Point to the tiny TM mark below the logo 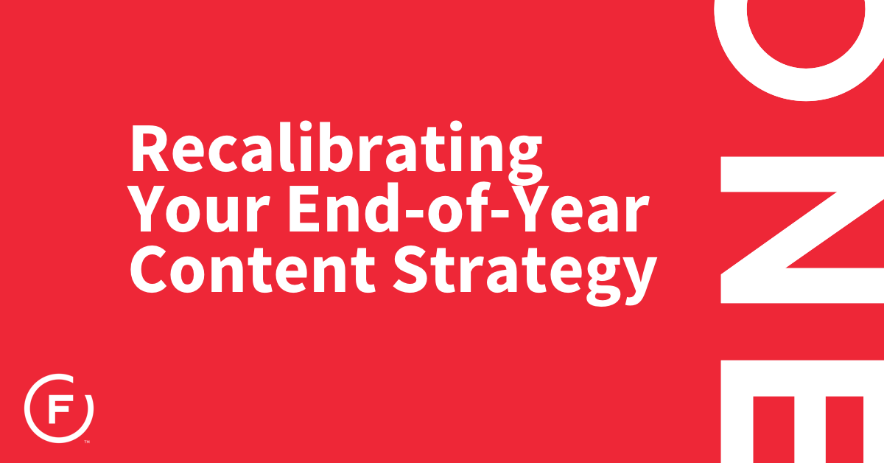click(87, 442)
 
